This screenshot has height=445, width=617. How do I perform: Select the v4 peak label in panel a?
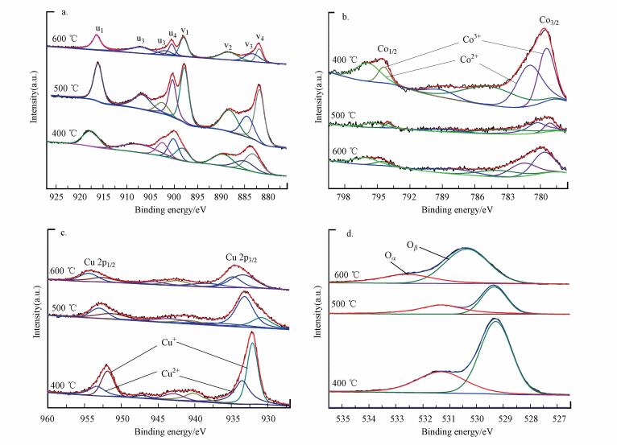(259, 36)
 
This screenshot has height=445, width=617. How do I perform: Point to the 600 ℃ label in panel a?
(64, 39)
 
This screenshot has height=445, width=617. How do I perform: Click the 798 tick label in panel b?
(344, 196)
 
